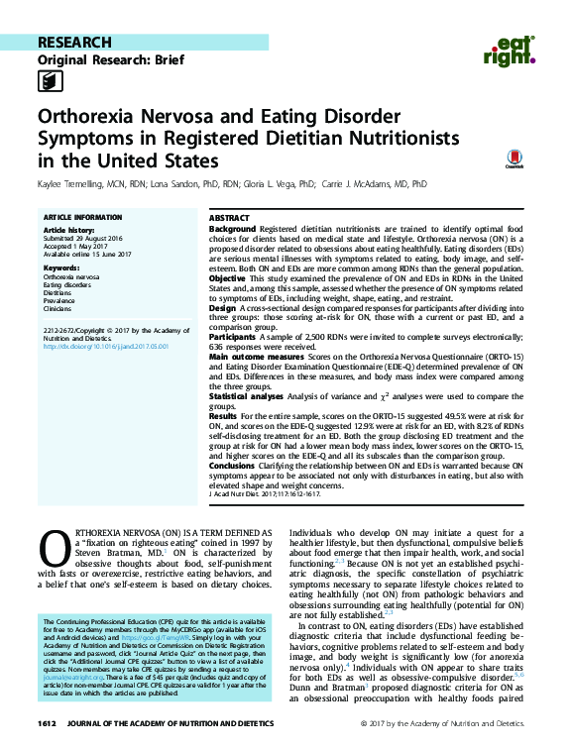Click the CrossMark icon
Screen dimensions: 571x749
coord(513,159)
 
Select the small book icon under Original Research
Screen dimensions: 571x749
coord(48,82)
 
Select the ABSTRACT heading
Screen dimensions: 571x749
coord(230,217)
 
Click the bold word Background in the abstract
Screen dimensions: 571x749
coord(232,229)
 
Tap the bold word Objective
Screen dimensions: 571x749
coord(229,278)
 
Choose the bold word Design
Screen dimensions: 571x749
coord(222,310)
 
